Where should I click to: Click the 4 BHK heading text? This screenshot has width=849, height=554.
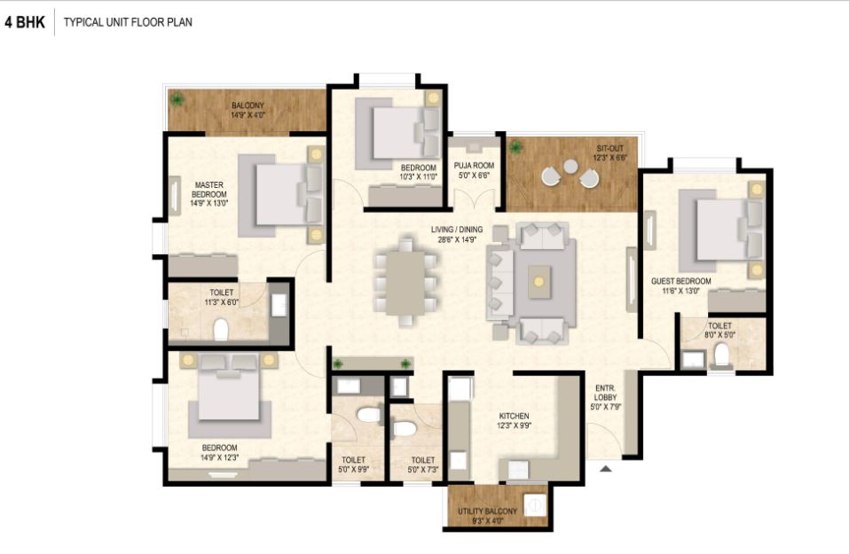pyautogui.click(x=25, y=22)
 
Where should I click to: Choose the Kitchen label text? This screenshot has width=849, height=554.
pyautogui.click(x=514, y=416)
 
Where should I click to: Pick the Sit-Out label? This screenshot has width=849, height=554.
pyautogui.click(x=610, y=148)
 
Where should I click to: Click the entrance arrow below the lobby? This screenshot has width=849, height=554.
pyautogui.click(x=606, y=469)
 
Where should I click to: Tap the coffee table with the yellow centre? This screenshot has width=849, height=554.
pyautogui.click(x=539, y=281)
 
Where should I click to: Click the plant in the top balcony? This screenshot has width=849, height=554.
pyautogui.click(x=177, y=99)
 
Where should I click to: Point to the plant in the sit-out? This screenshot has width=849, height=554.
pyautogui.click(x=516, y=146)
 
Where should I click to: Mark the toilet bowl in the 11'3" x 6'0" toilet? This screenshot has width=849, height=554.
pyautogui.click(x=220, y=330)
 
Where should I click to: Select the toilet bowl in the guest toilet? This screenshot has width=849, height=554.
pyautogui.click(x=721, y=355)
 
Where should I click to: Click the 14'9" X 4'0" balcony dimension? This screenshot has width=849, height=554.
pyautogui.click(x=248, y=115)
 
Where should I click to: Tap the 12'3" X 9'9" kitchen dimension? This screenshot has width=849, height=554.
pyautogui.click(x=514, y=425)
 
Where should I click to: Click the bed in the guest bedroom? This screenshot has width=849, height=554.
pyautogui.click(x=722, y=230)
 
